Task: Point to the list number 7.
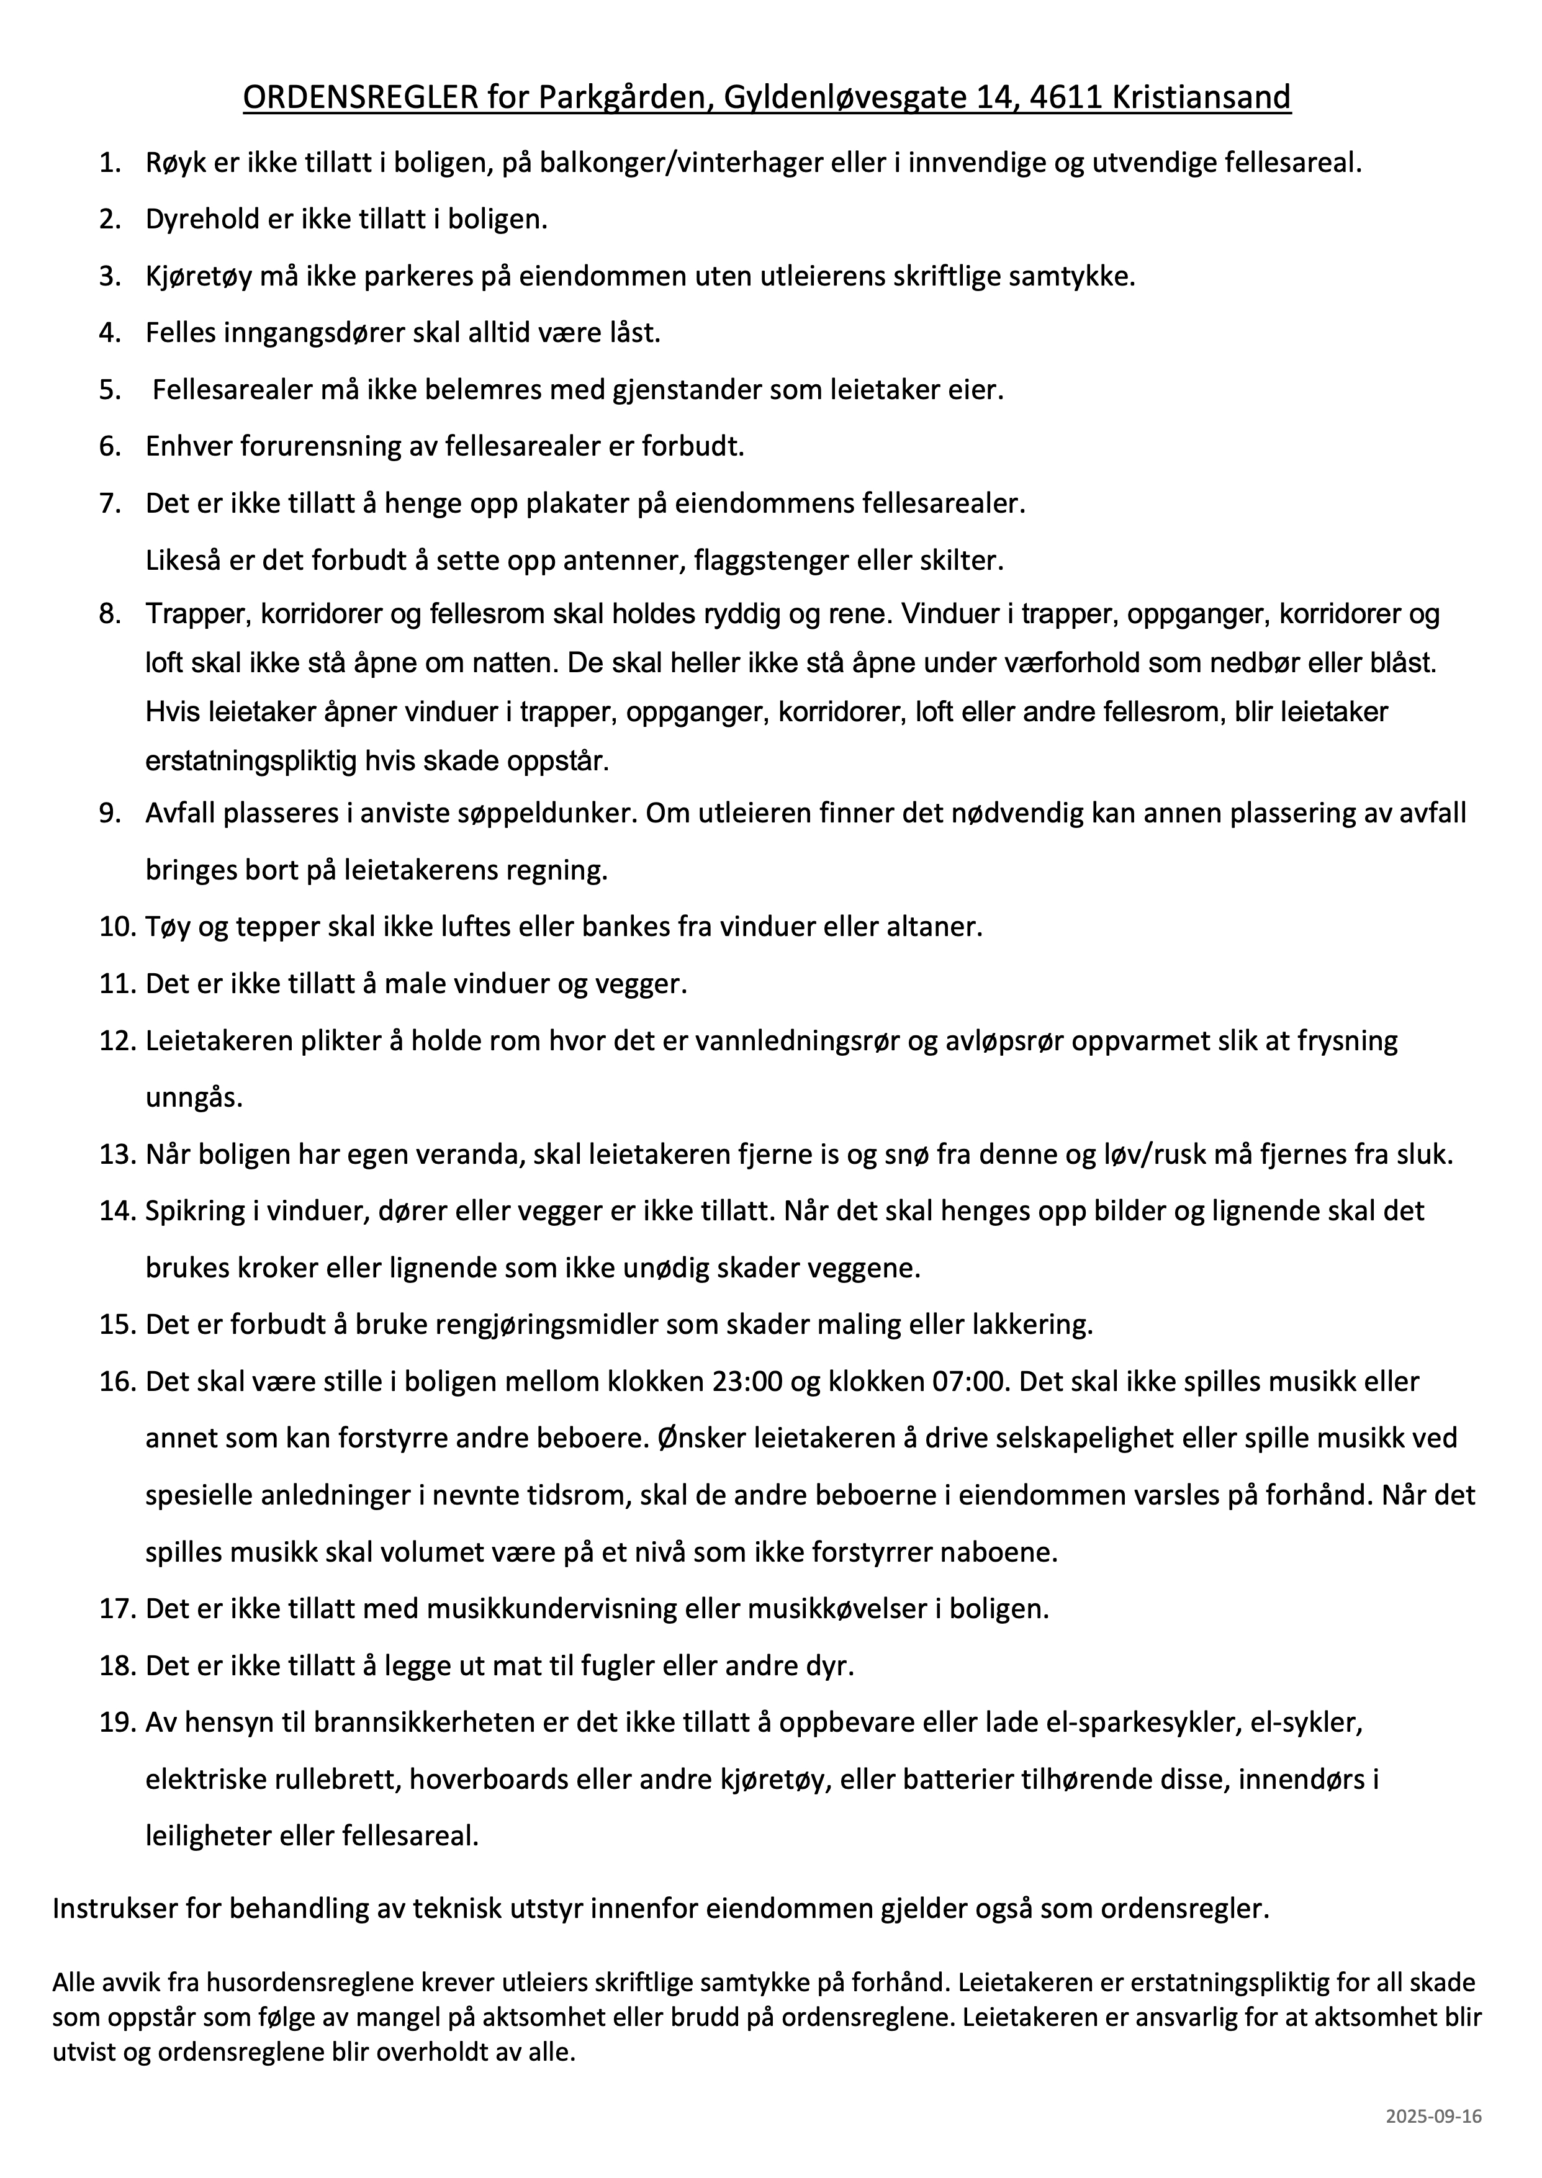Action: pos(110,503)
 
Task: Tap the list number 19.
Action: pos(119,1723)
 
